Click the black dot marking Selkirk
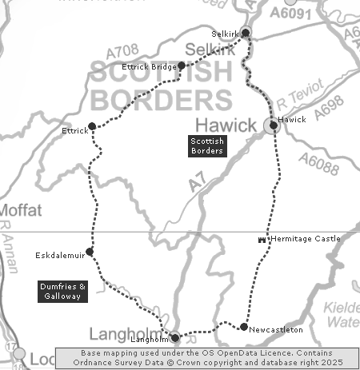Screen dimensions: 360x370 (x=246, y=33)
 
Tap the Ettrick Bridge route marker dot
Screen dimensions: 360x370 (x=182, y=66)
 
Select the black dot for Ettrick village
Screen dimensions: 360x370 (x=92, y=125)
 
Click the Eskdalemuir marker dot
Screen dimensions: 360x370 (x=90, y=252)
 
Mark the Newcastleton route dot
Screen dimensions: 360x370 (x=243, y=326)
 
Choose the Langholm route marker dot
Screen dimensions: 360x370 (x=174, y=337)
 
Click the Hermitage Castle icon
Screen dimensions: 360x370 (x=262, y=239)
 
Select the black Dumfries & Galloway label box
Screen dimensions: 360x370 (x=60, y=290)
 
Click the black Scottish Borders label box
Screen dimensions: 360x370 (x=206, y=145)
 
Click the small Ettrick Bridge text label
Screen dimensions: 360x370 (x=149, y=66)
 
